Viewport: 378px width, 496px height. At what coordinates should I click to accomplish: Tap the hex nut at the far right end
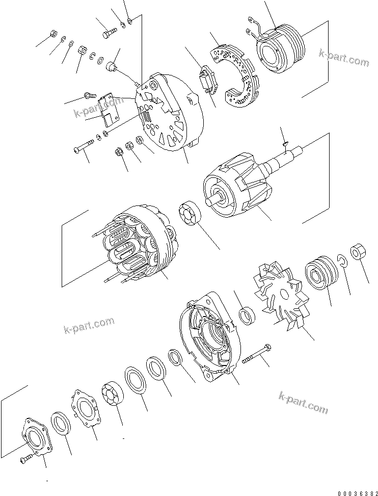point(358,252)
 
